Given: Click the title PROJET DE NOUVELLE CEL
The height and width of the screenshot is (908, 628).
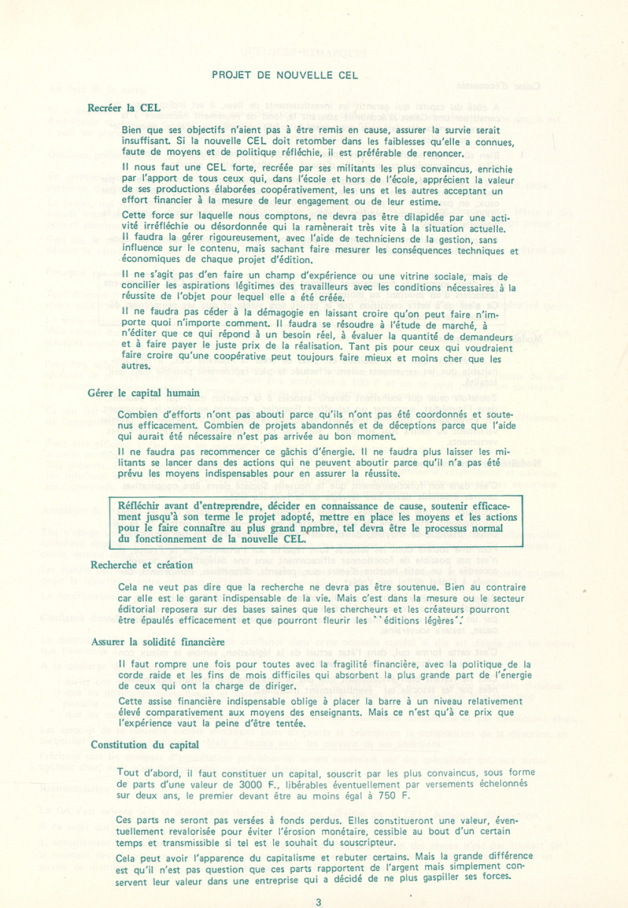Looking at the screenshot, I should pos(284,75).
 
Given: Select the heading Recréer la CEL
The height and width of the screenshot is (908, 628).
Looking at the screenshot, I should pos(124,108).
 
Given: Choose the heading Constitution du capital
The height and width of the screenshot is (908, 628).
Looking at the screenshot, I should pos(144,745).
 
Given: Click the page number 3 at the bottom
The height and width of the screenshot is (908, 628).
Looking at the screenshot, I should pos(318,902).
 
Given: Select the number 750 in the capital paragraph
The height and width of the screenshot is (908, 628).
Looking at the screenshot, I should pos(388,796).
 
